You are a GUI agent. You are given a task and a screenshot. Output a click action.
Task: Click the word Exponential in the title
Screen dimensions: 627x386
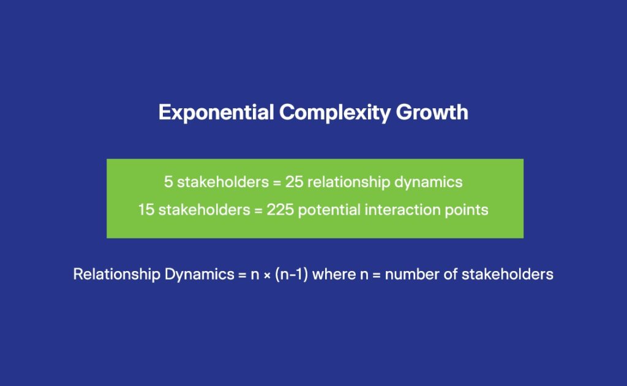click(x=216, y=113)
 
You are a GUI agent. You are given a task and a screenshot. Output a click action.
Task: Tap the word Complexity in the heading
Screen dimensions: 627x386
click(x=334, y=113)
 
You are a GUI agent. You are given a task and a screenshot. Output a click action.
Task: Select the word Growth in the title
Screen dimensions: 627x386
click(x=432, y=113)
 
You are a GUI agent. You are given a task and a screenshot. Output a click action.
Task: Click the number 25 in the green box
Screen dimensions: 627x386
click(x=294, y=182)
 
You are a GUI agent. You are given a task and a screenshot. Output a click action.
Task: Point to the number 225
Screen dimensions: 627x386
click(x=280, y=210)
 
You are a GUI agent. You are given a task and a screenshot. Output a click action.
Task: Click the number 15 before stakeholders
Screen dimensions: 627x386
click(x=146, y=210)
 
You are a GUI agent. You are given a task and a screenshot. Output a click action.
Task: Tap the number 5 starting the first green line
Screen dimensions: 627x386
click(x=168, y=182)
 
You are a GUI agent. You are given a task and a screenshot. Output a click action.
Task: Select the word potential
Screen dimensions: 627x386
click(x=329, y=210)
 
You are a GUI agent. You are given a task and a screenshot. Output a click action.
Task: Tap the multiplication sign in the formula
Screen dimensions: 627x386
click(x=267, y=275)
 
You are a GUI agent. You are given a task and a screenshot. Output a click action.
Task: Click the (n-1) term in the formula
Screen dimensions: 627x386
click(x=291, y=275)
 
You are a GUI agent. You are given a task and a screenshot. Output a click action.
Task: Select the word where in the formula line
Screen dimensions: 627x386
click(x=334, y=275)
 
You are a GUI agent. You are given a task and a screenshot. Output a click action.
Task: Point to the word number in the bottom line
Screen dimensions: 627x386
click(x=410, y=275)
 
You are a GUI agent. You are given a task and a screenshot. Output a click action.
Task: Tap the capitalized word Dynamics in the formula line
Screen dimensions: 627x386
click(x=199, y=275)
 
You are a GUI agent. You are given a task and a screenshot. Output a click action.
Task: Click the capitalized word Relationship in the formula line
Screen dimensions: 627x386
click(x=117, y=275)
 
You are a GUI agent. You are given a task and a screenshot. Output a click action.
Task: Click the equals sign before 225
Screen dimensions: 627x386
click(x=258, y=210)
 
